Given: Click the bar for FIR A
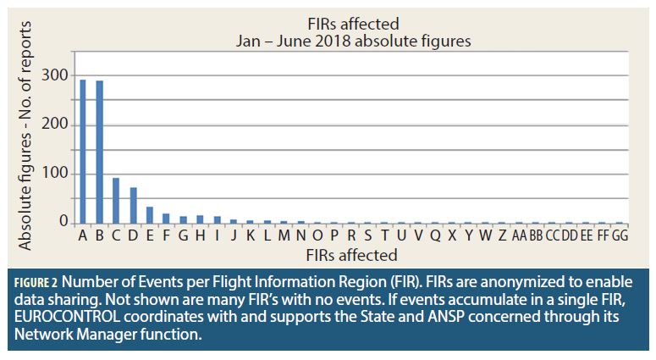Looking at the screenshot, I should pyautogui.click(x=83, y=152).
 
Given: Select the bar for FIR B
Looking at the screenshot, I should pyautogui.click(x=100, y=152).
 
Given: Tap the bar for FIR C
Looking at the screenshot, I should pyautogui.click(x=116, y=201).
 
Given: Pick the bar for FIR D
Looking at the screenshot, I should pyautogui.click(x=133, y=206).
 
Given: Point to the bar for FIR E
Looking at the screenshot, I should pyautogui.click(x=150, y=215).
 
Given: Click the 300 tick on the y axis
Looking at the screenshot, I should pyautogui.click(x=57, y=75).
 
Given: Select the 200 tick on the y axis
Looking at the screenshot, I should pyautogui.click(x=57, y=125).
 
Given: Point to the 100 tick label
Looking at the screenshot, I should pyautogui.click(x=57, y=174).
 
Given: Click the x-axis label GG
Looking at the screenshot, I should pyautogui.click(x=620, y=235).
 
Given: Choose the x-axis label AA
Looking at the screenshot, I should pyautogui.click(x=519, y=235).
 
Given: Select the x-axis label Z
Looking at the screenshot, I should pyautogui.click(x=502, y=235).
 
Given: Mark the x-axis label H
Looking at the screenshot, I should pyautogui.click(x=200, y=235).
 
